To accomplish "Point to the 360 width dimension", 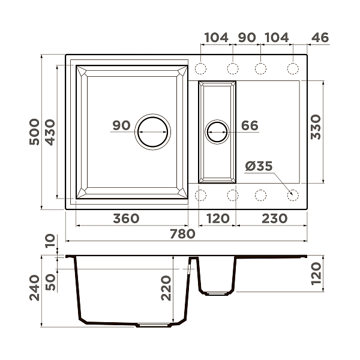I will (x=126, y=218).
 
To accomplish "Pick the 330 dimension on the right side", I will (x=317, y=127).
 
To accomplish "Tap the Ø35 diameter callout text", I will (x=259, y=166).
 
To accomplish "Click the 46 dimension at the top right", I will (x=320, y=37).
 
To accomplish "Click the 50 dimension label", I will (x=50, y=279).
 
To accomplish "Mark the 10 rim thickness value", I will (x=50, y=241).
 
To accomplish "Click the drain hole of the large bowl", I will (x=152, y=131).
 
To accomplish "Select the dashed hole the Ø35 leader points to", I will (x=293, y=194).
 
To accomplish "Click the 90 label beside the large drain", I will (x=121, y=125).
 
